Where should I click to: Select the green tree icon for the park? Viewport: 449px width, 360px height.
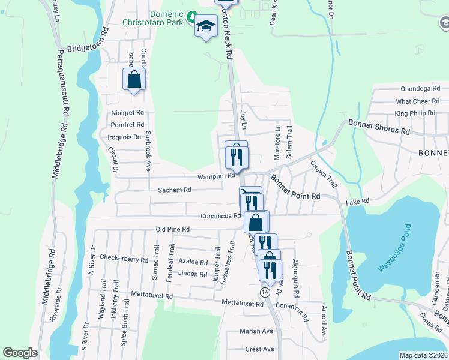pos(191,15)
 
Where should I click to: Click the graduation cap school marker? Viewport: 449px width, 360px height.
pos(205,26)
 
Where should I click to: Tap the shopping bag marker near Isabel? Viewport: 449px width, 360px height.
pos(134,79)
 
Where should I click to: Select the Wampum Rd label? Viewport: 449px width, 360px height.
pos(217,176)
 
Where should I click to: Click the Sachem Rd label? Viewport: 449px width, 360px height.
pos(174,190)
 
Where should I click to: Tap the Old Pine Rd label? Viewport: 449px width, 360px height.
pos(172,229)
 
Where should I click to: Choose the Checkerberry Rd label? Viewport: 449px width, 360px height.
pos(124,259)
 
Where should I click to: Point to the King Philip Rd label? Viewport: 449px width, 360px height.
pos(414,113)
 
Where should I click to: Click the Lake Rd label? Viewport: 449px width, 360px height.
pos(361,202)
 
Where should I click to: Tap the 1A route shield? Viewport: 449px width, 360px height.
pos(265,292)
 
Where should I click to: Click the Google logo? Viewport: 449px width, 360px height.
pos(20,353)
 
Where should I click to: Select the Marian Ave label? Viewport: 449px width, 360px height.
pos(256,331)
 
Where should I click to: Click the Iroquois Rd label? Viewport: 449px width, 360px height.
pos(125,137)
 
